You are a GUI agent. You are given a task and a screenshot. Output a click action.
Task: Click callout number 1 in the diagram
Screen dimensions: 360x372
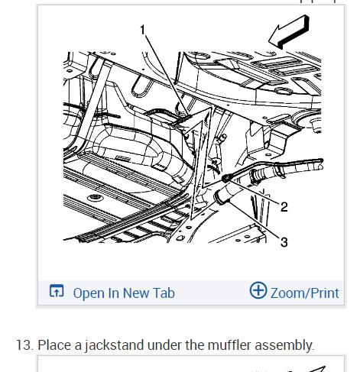click(143, 30)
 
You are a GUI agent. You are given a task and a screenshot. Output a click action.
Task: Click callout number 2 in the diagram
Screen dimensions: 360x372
click(284, 207)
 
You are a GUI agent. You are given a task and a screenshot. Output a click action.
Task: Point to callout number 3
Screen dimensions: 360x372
click(284, 242)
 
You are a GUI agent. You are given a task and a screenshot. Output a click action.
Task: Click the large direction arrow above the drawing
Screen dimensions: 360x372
click(289, 32)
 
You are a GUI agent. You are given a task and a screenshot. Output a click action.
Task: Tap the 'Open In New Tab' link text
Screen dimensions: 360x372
click(124, 293)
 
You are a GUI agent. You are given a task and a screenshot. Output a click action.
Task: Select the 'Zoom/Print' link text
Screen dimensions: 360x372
click(305, 293)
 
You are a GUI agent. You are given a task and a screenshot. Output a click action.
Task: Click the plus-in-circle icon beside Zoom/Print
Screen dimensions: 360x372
click(258, 290)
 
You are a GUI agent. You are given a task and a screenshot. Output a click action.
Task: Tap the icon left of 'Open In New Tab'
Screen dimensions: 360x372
click(57, 291)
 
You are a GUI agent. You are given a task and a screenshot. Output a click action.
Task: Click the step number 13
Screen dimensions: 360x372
click(24, 345)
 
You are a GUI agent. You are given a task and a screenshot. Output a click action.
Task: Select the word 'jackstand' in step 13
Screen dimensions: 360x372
click(115, 345)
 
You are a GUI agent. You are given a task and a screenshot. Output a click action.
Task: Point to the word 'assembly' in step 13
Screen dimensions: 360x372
click(284, 346)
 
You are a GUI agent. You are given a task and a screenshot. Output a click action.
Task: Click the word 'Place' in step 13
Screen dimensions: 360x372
click(54, 345)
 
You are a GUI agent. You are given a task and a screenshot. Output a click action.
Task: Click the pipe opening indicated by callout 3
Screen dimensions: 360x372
click(219, 198)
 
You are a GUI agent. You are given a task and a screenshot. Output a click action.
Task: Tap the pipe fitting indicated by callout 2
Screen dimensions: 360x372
click(227, 177)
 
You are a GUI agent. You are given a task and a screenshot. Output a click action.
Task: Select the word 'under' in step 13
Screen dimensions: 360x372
click(164, 345)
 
